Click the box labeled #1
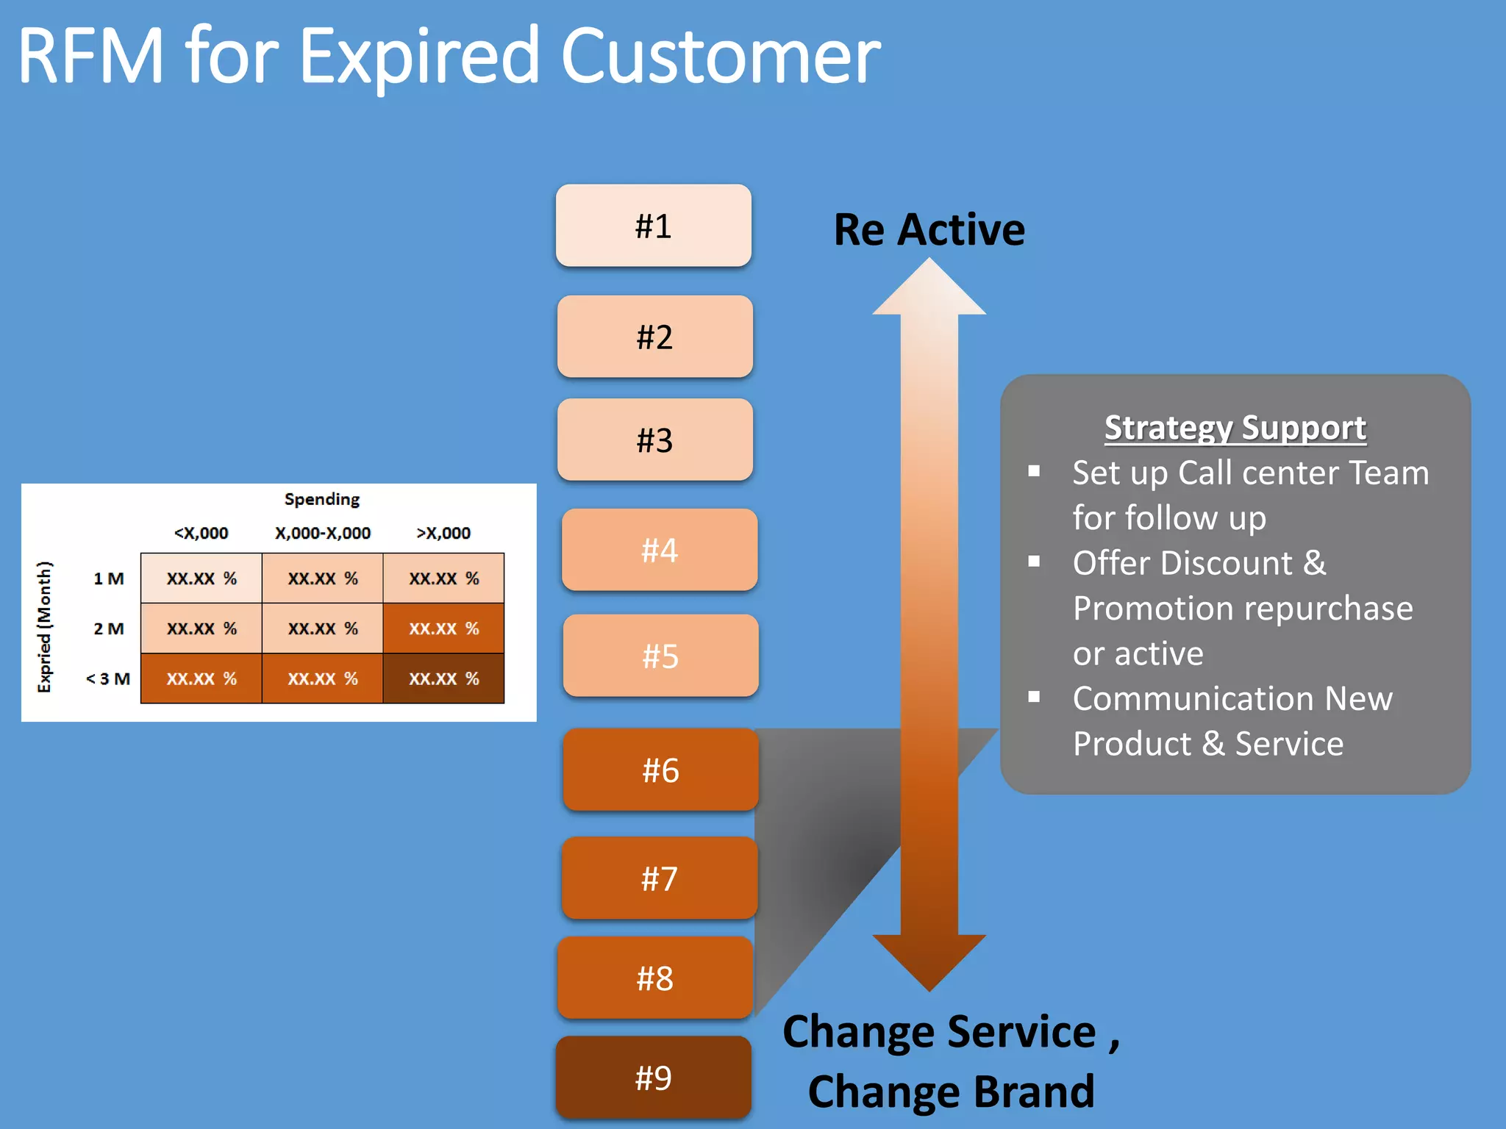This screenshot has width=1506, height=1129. [x=653, y=226]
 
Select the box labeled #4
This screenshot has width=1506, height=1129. [x=659, y=550]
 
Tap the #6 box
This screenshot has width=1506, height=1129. [x=660, y=770]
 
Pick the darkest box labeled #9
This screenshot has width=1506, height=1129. [x=653, y=1078]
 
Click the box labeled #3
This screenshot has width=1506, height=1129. [x=654, y=440]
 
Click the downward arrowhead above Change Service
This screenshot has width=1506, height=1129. [x=929, y=959]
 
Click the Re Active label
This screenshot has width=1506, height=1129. [x=929, y=229]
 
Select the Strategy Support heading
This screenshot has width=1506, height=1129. [x=1235, y=428]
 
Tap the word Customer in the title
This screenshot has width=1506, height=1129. [x=720, y=56]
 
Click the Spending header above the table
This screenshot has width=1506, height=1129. [x=322, y=499]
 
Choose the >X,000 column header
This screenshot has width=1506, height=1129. [x=443, y=533]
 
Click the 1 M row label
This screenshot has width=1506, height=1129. [x=108, y=578]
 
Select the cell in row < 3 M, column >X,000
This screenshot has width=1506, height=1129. [x=443, y=678]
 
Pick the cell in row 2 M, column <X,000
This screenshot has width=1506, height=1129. [x=201, y=628]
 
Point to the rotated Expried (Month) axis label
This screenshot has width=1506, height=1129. [x=45, y=626]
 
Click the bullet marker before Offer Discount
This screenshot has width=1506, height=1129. [x=1034, y=562]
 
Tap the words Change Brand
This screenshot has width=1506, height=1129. [x=951, y=1091]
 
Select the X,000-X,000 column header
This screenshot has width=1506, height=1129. [x=322, y=533]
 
